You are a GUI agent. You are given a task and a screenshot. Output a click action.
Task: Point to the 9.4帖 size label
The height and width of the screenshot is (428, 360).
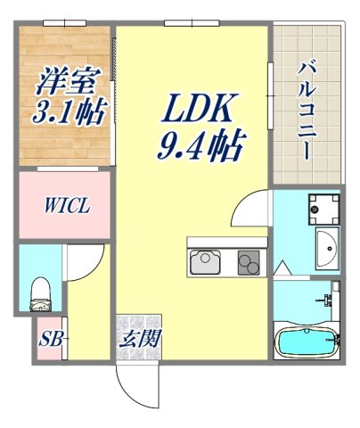201,144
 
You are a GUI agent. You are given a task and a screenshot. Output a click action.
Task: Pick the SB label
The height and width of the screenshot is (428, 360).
48,340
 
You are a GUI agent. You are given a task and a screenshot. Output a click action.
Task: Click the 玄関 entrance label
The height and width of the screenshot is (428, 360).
138,338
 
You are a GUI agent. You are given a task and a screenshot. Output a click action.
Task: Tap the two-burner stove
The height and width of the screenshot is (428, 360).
247,262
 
